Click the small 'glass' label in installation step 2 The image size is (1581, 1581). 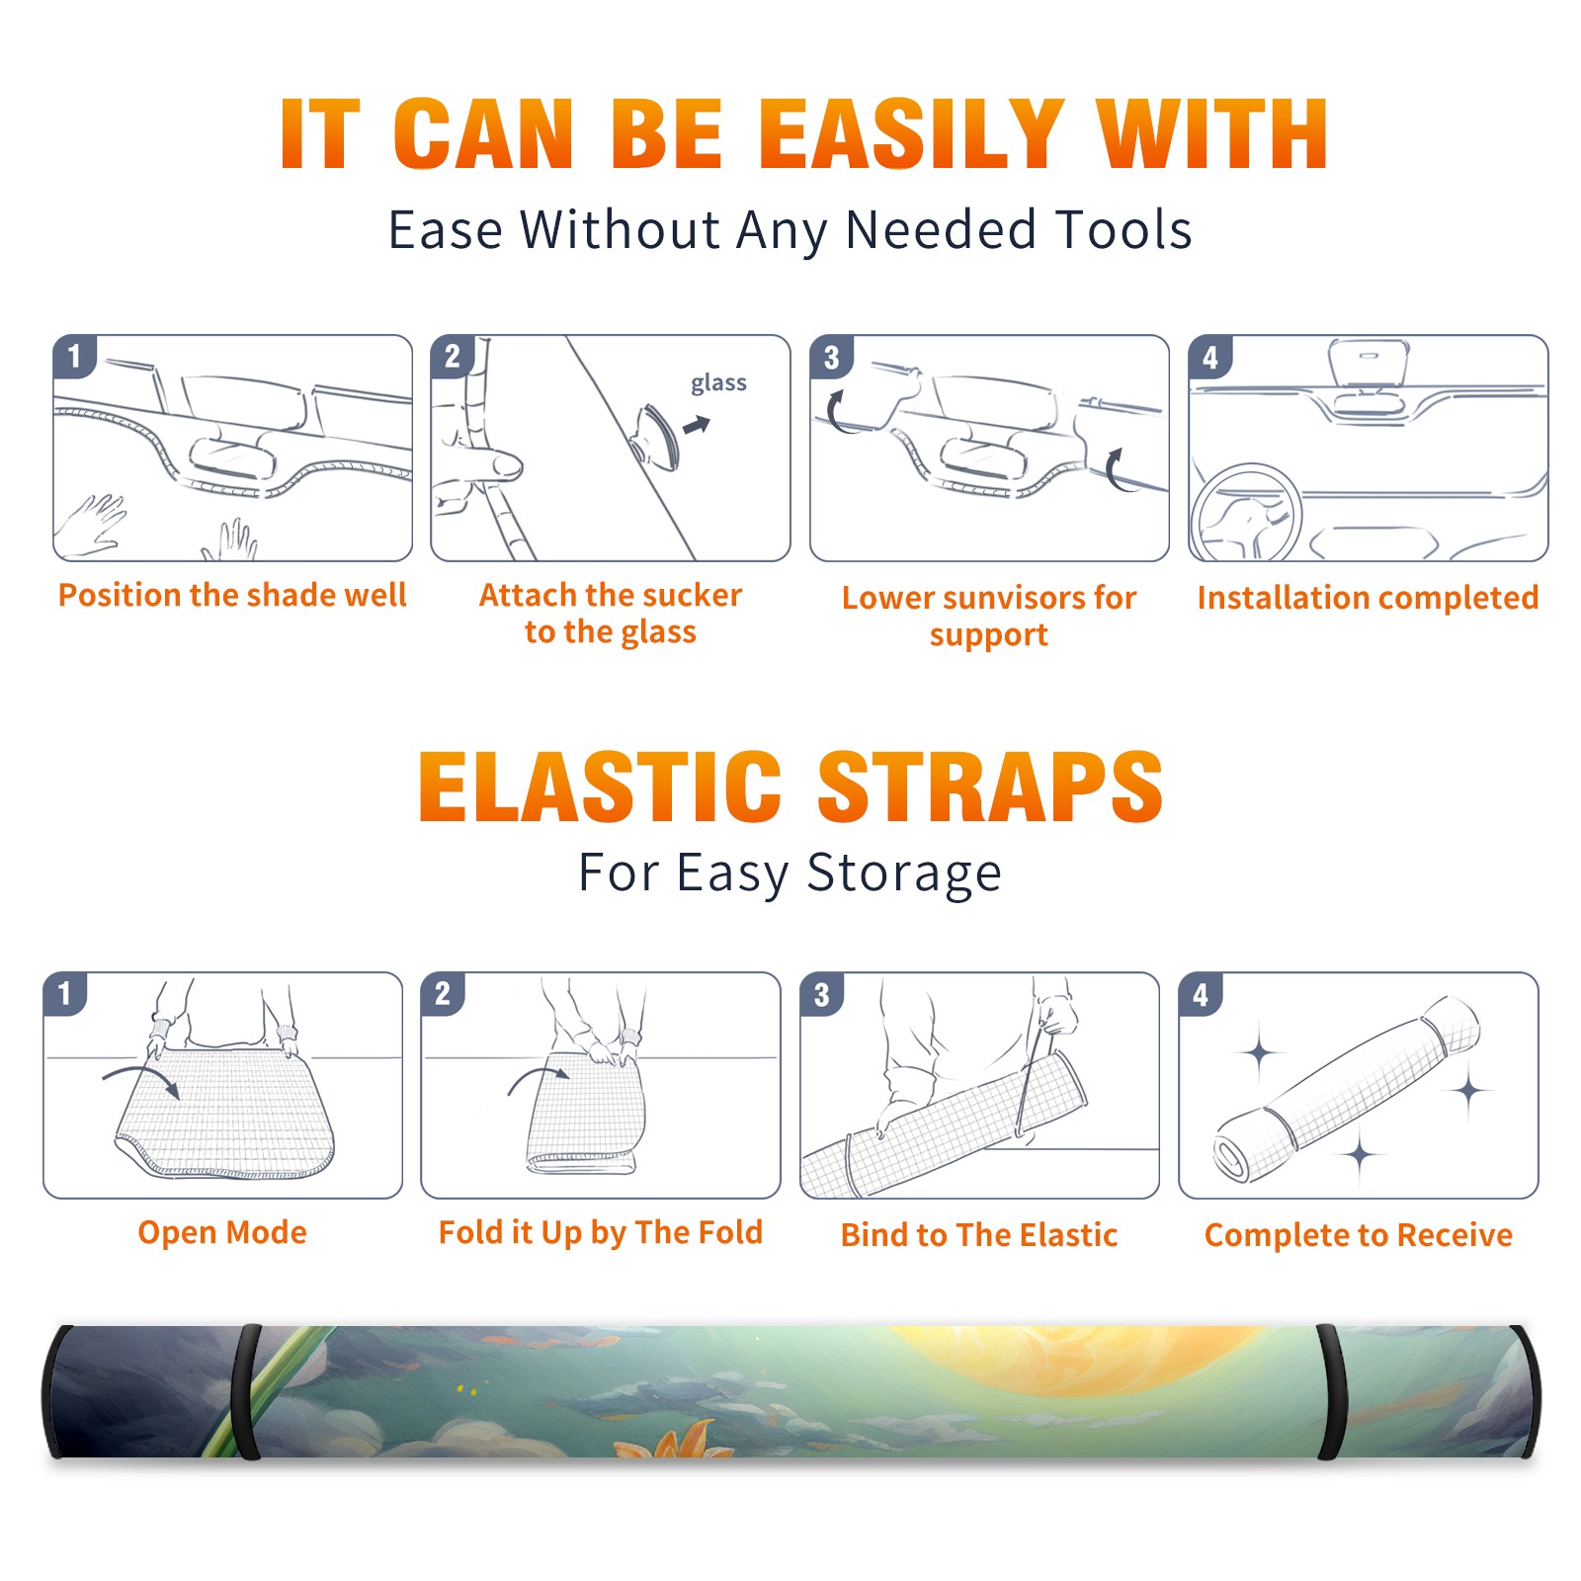718,383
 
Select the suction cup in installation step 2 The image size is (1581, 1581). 657,436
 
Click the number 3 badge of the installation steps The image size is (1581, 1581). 831,357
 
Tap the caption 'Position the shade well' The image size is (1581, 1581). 232,595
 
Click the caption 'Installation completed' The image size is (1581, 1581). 1368,597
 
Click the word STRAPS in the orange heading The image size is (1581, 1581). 990,787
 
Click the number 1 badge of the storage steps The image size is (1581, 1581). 65,993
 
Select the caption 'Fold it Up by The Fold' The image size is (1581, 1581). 601,1232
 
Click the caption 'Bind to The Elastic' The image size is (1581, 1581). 979,1235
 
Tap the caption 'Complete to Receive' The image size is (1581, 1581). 1359,1235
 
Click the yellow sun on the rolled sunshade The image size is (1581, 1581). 1047,1364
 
